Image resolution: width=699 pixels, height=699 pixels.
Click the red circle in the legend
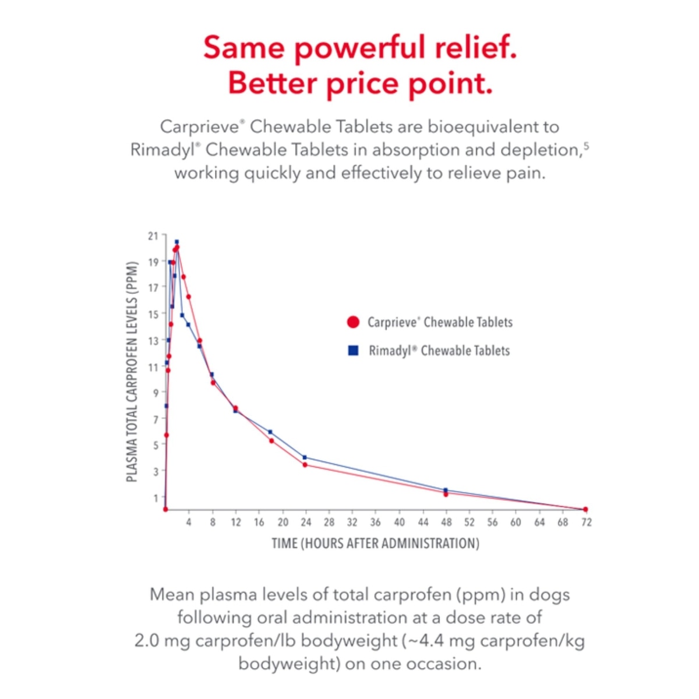[353, 322]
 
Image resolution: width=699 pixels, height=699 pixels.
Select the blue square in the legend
[353, 351]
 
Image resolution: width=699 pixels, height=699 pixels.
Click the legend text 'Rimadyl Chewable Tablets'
[439, 351]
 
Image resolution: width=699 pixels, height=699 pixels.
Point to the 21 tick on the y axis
[153, 236]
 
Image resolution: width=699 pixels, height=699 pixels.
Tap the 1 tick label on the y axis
[156, 498]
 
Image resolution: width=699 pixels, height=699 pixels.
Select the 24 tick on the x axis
[306, 523]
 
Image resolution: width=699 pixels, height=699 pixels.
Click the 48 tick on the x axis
[446, 523]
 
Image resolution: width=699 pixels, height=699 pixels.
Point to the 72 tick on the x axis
[586, 523]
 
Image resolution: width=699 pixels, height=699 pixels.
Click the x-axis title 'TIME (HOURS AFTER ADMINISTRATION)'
[376, 543]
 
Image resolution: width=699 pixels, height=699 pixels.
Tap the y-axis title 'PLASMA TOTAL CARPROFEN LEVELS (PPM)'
[132, 372]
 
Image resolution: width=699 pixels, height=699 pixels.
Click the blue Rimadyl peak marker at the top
[176, 242]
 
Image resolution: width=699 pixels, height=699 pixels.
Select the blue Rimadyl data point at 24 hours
[305, 458]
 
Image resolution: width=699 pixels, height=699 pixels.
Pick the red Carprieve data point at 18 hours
[271, 441]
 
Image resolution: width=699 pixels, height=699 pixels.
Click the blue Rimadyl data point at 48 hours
[446, 490]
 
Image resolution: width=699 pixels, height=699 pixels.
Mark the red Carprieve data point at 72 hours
[585, 510]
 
